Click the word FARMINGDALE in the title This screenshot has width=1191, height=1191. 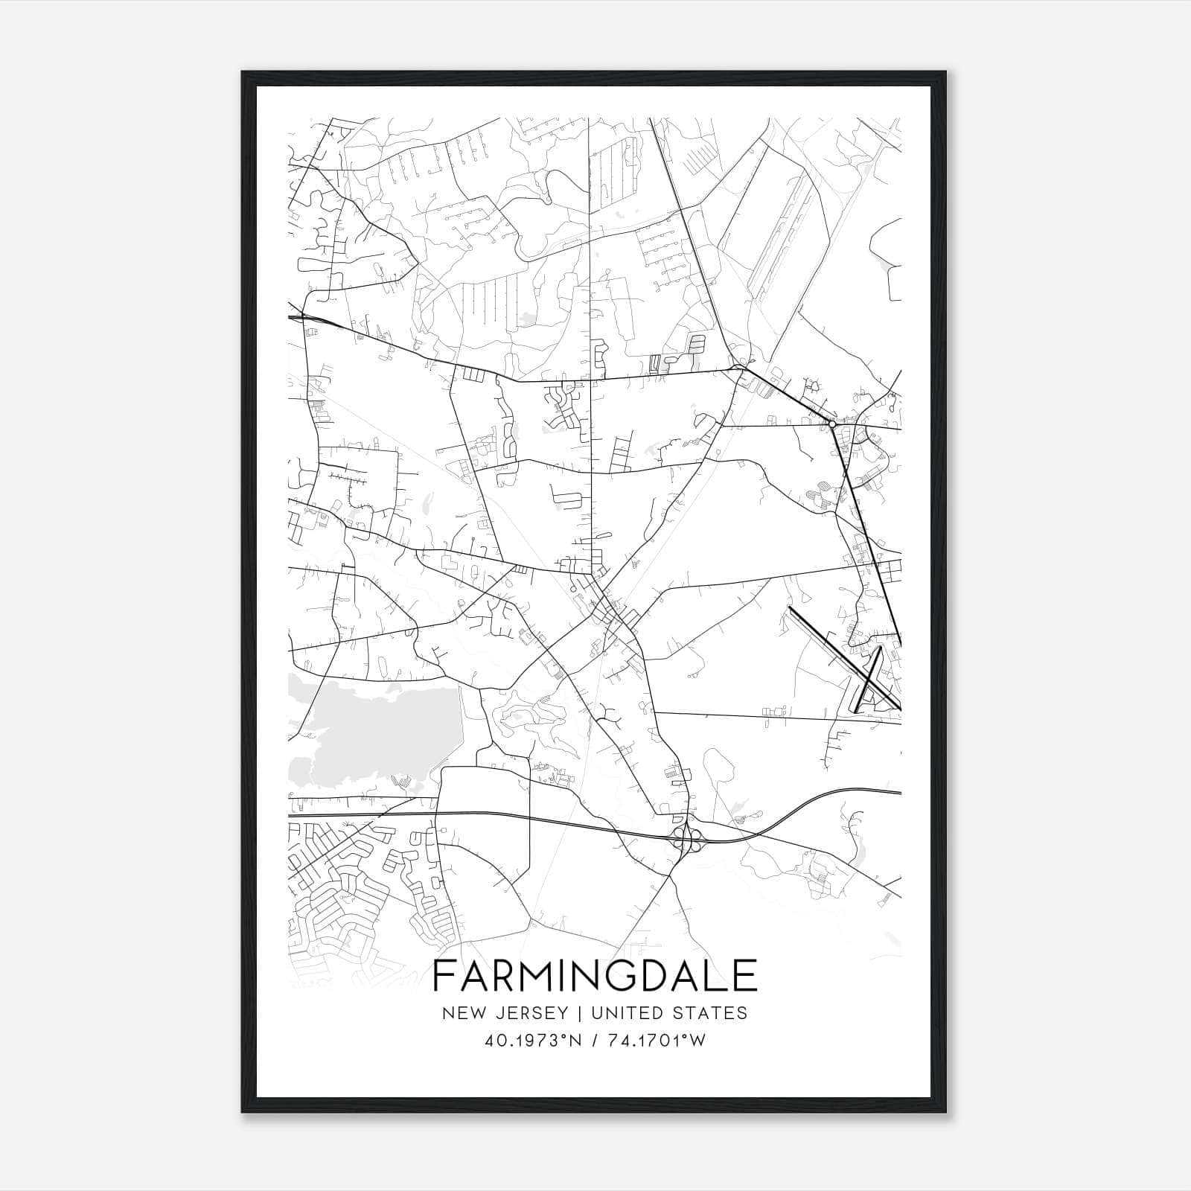595,976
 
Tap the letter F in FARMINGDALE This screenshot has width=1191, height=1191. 443,976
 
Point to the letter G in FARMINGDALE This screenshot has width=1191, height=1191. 608,976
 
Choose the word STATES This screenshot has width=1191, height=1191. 713,1013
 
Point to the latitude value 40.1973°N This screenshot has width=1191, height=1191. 531,1041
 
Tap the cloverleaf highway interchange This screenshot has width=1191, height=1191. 686,838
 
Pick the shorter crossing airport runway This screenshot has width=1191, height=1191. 869,677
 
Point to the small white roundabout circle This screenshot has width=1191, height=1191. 831,424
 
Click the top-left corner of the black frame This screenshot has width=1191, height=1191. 243,72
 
